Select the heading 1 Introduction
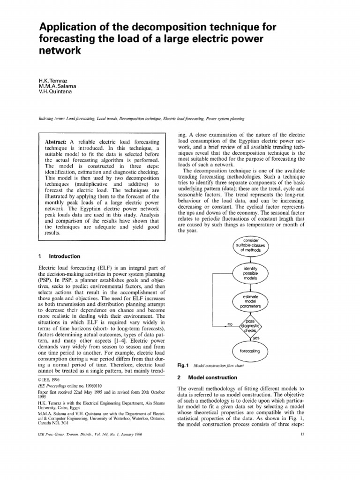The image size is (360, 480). pyautogui.click(x=59, y=256)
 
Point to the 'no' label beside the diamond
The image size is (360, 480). pyautogui.click(x=230, y=324)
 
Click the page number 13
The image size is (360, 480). pyautogui.click(x=302, y=434)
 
